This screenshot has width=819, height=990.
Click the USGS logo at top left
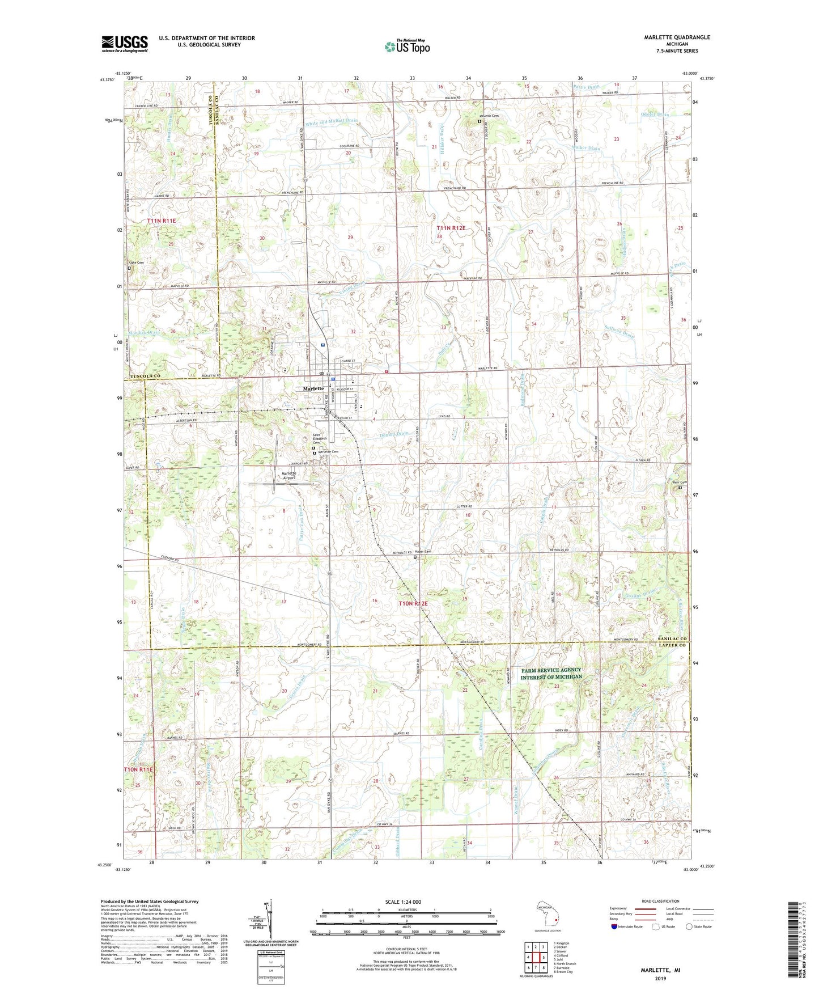[125, 43]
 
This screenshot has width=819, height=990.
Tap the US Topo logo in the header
[407, 46]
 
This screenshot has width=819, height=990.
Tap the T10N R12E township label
[413, 604]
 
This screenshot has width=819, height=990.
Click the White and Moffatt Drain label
[332, 121]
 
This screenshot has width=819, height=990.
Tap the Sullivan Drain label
[619, 332]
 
